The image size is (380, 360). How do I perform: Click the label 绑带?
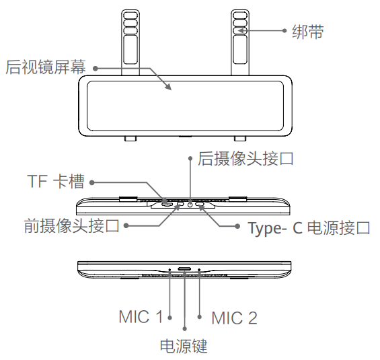308,32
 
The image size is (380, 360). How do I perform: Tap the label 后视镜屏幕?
46,67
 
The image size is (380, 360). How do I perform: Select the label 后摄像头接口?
245,159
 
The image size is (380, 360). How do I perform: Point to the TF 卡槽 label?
56,181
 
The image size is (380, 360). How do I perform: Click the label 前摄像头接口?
72,225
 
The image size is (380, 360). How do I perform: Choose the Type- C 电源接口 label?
309,228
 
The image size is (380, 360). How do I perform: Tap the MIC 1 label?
141,317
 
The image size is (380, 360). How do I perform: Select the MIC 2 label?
234,318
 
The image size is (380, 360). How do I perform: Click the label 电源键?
184,346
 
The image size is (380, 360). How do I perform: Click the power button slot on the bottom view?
184,268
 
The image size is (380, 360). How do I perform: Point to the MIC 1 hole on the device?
169,269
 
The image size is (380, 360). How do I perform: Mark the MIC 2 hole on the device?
199,269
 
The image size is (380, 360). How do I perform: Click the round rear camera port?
190,205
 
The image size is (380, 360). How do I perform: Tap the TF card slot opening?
167,205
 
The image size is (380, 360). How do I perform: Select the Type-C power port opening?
200,205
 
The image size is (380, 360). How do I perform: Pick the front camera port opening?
180,205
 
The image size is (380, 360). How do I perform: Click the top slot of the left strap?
130,15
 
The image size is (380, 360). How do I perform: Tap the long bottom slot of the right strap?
240,50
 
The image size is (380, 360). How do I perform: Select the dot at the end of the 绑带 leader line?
284,31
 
